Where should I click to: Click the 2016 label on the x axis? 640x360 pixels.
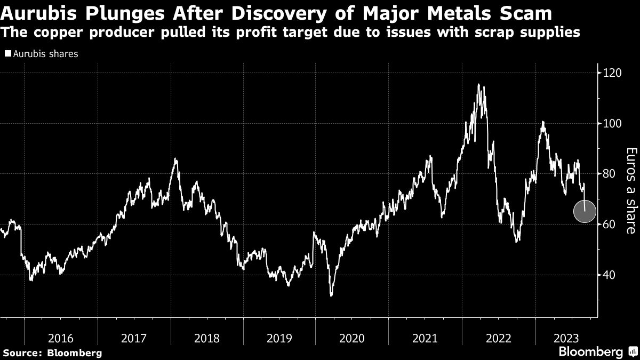(60, 338)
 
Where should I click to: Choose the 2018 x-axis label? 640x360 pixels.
(205, 338)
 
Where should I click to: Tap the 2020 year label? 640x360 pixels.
(351, 338)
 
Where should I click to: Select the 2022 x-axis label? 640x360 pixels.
(497, 338)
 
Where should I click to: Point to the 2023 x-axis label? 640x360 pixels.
(564, 338)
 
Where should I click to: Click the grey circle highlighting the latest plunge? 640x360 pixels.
(585, 212)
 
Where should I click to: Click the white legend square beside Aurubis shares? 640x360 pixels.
(7, 54)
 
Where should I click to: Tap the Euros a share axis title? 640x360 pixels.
(630, 190)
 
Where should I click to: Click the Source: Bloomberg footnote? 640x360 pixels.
(52, 353)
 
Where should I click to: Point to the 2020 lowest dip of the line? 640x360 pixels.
(332, 295)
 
